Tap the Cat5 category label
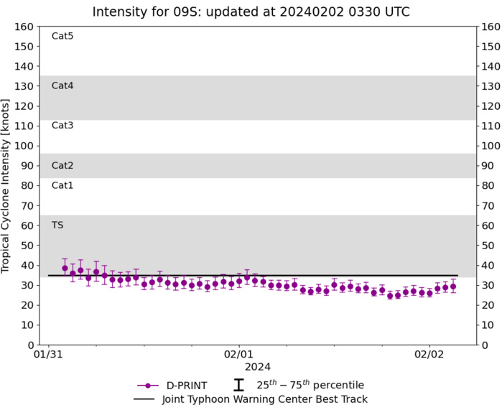click(x=62, y=36)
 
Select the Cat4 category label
click(x=62, y=85)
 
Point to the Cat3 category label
click(x=62, y=126)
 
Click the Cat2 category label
click(x=62, y=165)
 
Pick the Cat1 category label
click(x=62, y=185)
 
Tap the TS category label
click(x=57, y=225)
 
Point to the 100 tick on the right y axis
click(x=491, y=146)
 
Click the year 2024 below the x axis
click(x=257, y=367)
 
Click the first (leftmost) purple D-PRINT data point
click(x=65, y=268)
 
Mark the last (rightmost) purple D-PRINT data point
click(x=453, y=286)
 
